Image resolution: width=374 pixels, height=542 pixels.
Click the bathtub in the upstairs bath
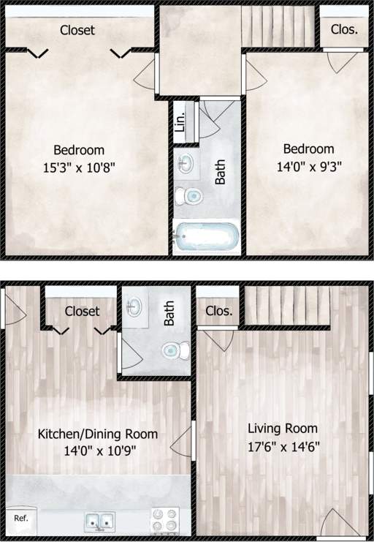point(207,237)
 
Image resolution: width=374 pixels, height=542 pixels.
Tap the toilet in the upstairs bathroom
point(189,196)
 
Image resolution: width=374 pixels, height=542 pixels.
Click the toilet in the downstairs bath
point(174,350)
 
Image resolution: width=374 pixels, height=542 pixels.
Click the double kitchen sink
point(99,522)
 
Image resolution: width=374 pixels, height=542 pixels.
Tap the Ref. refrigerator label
point(21,519)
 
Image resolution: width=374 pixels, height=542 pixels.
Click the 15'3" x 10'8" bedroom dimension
point(79,167)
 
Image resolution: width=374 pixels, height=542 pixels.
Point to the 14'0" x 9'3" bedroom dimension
point(309,166)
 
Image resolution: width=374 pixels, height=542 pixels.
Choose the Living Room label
point(283,429)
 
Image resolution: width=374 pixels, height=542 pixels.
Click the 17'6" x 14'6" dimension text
point(283,445)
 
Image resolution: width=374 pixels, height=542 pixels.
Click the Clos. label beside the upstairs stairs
point(344,30)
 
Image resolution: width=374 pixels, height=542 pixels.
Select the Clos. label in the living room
point(219,311)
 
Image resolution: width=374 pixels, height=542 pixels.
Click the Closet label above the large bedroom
point(77,30)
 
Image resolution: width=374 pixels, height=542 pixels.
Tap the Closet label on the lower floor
point(82,311)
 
